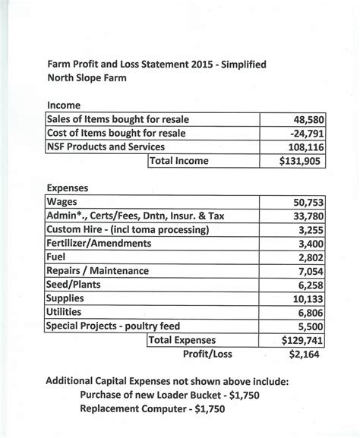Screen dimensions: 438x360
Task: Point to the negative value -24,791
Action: click(x=306, y=134)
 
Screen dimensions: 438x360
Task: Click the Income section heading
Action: click(x=63, y=105)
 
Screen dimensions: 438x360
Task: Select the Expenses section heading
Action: click(x=68, y=187)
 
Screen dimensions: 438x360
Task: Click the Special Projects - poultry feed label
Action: click(x=114, y=326)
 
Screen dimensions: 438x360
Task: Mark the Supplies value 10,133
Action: click(x=309, y=299)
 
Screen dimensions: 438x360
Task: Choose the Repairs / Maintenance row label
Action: click(x=97, y=271)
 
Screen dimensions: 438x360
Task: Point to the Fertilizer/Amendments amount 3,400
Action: click(x=312, y=244)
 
